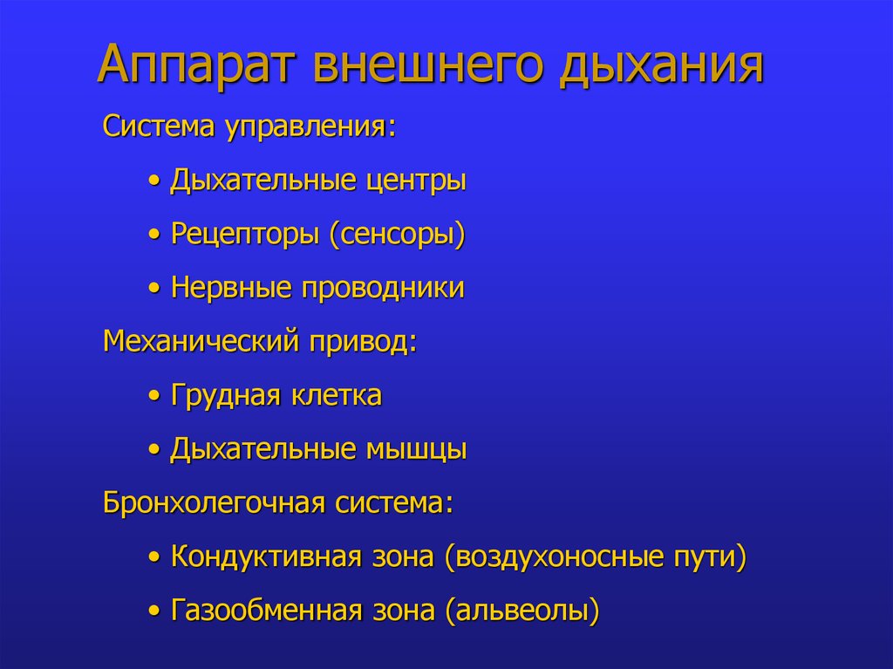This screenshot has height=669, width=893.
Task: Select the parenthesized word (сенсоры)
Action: click(x=397, y=235)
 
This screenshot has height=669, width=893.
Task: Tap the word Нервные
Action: click(x=231, y=289)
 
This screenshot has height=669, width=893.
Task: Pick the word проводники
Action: click(x=383, y=289)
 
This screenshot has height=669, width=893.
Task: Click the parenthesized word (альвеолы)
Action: click(x=522, y=611)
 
